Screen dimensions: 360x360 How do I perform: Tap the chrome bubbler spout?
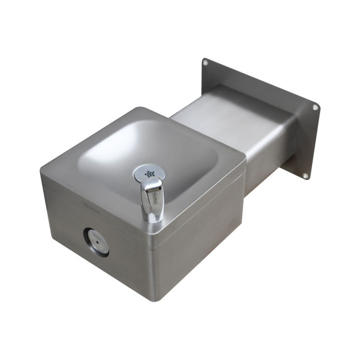pos(152,200)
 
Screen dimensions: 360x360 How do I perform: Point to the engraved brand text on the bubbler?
pos(151,196)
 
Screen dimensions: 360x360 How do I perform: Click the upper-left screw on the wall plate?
pos(206,63)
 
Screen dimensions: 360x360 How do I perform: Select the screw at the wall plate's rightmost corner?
pos(316,107)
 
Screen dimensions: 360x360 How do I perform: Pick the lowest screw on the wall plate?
pos(305,175)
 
